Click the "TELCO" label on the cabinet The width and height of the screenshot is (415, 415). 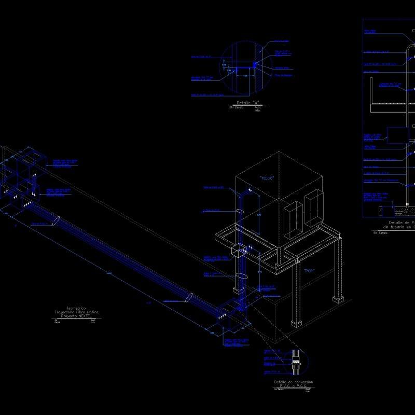[267, 178]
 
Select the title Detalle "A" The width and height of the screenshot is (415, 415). [247, 103]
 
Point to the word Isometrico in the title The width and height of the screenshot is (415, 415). [77, 308]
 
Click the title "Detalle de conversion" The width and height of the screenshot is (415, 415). [293, 382]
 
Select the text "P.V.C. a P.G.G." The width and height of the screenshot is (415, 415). [293, 386]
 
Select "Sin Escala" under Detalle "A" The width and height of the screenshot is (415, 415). [236, 107]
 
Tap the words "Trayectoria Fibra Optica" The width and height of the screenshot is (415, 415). [76, 312]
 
